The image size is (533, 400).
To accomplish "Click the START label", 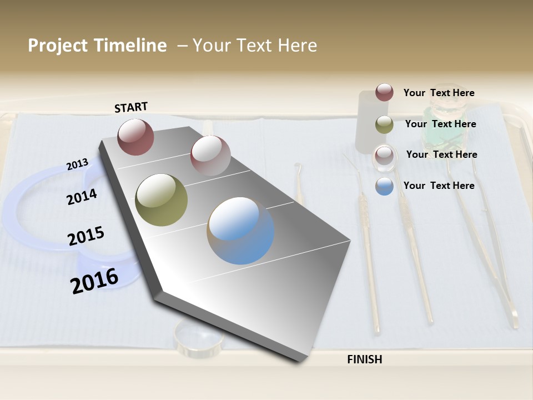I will point(131,107).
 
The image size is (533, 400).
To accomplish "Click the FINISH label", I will point(364,359).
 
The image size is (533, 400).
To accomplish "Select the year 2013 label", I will point(77,164).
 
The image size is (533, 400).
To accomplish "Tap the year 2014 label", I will point(82,197).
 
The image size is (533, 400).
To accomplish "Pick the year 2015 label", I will point(86,236).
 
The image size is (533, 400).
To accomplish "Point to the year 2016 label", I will point(94,281).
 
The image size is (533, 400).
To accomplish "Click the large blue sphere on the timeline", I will point(240,231).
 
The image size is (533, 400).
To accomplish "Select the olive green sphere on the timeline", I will point(161,200).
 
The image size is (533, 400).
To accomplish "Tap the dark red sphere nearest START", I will point(136,137).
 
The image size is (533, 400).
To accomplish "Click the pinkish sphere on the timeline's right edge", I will point(210,156).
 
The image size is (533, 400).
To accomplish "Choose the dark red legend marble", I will point(384,92).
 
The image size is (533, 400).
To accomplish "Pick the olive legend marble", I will point(384,124).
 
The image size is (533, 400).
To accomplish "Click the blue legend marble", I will point(384,186).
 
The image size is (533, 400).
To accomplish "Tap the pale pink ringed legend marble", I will point(384,155).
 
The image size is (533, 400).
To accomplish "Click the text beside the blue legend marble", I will point(439,186).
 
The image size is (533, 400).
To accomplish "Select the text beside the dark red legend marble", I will point(439,93).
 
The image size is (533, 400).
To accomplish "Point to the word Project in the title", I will point(58,46).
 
